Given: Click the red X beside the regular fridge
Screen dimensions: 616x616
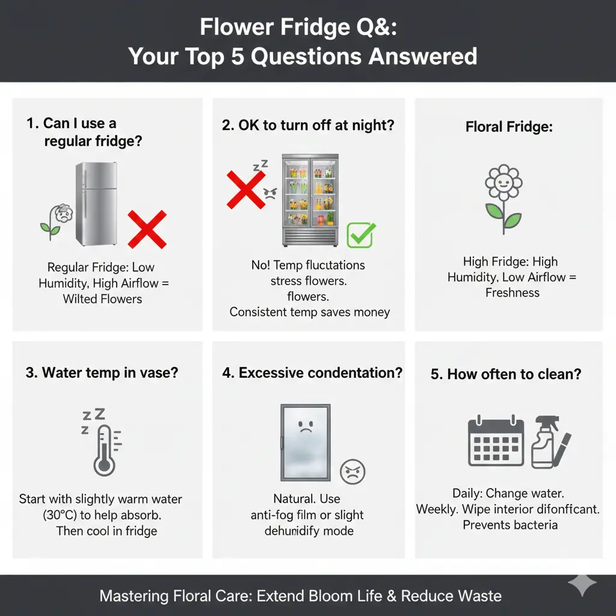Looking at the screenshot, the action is [147, 229].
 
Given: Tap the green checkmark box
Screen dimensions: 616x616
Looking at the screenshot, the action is [361, 235].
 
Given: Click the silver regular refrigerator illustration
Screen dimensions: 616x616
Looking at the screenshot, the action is [97, 204].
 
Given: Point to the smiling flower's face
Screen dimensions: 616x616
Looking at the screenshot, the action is [504, 182].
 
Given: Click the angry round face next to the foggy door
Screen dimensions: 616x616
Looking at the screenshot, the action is [353, 472].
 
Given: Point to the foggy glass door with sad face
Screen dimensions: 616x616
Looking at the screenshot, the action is [306, 443].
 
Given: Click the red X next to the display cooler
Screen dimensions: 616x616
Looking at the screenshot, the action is [246, 189].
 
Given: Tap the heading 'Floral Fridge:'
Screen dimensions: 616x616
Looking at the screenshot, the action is [509, 127].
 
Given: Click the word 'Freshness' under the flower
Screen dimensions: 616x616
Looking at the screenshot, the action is [513, 293].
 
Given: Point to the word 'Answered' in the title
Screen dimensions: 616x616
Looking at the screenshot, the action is [423, 56].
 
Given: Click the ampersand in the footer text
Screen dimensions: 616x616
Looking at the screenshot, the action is [391, 596].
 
